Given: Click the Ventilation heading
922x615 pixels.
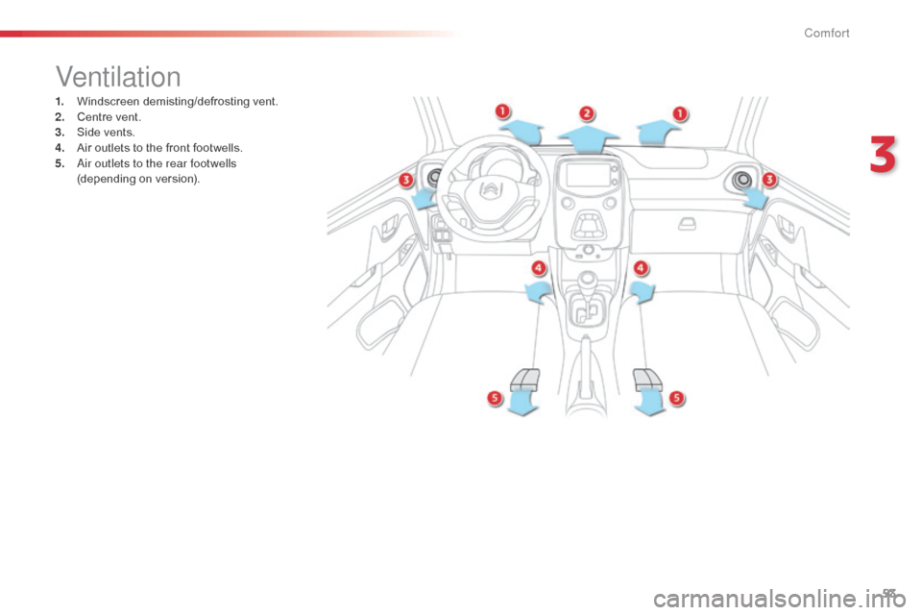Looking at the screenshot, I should pyautogui.click(x=118, y=76).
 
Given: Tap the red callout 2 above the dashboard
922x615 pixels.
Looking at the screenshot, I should pyautogui.click(x=587, y=112).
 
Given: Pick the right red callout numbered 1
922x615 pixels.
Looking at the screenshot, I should pyautogui.click(x=679, y=112).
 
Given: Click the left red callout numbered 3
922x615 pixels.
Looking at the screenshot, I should pyautogui.click(x=406, y=180).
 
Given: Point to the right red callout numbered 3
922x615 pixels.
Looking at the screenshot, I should pyautogui.click(x=768, y=180).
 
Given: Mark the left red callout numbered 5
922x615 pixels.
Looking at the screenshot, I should pyautogui.click(x=495, y=397).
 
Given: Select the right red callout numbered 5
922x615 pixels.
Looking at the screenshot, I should pyautogui.click(x=676, y=397).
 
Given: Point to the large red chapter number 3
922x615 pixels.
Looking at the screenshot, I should pyautogui.click(x=883, y=157).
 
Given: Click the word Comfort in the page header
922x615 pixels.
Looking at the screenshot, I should pyautogui.click(x=827, y=34).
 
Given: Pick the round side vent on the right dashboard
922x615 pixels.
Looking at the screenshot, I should pyautogui.click(x=741, y=179).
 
